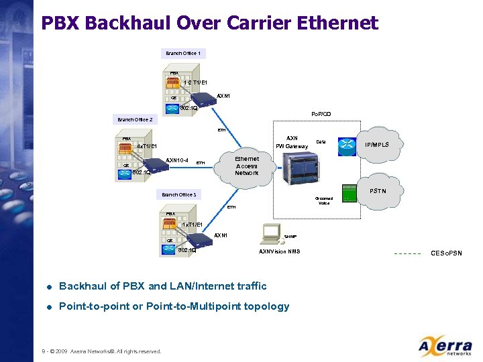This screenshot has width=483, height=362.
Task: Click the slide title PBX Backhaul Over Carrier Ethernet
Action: (209, 23)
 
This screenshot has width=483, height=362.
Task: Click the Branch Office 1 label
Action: (183, 53)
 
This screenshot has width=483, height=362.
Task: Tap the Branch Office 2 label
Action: (135, 120)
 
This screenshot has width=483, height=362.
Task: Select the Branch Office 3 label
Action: (178, 194)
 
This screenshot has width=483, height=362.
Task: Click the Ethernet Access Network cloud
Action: (246, 166)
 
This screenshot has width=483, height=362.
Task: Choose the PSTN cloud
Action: (376, 191)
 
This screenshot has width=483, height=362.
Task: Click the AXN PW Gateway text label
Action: (292, 142)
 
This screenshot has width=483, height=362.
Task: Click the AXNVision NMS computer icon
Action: (272, 232)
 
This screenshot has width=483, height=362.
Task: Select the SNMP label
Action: (290, 237)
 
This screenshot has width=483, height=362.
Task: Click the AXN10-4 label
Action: (176, 160)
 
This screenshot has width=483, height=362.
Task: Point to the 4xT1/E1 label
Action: (146, 146)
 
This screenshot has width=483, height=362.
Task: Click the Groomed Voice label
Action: (324, 200)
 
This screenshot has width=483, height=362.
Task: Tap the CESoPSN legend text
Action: (445, 253)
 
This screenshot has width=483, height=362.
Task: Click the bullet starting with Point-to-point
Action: (174, 306)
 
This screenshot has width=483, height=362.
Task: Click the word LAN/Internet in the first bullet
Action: (202, 286)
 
